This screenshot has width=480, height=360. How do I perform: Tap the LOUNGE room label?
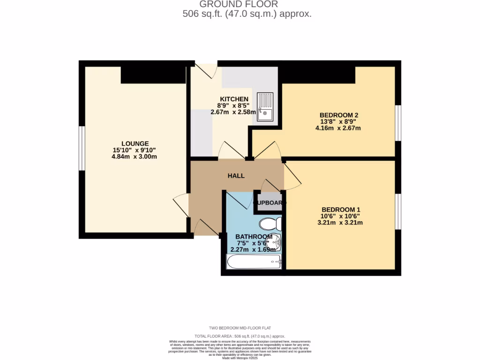point(135,143)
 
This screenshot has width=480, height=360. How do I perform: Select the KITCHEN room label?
point(234,99)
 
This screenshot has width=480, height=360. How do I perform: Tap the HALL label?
point(236,176)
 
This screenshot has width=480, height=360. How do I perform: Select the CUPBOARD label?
point(270,203)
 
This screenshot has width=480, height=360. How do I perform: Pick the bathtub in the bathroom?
point(254,262)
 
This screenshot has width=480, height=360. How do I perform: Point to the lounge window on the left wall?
point(81,149)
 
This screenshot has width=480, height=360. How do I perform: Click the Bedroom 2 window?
point(398,123)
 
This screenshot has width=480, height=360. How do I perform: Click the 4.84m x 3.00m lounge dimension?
point(134,157)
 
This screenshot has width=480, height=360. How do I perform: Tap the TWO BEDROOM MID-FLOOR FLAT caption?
point(240,328)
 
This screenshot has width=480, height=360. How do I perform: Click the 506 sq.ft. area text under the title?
point(247,14)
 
